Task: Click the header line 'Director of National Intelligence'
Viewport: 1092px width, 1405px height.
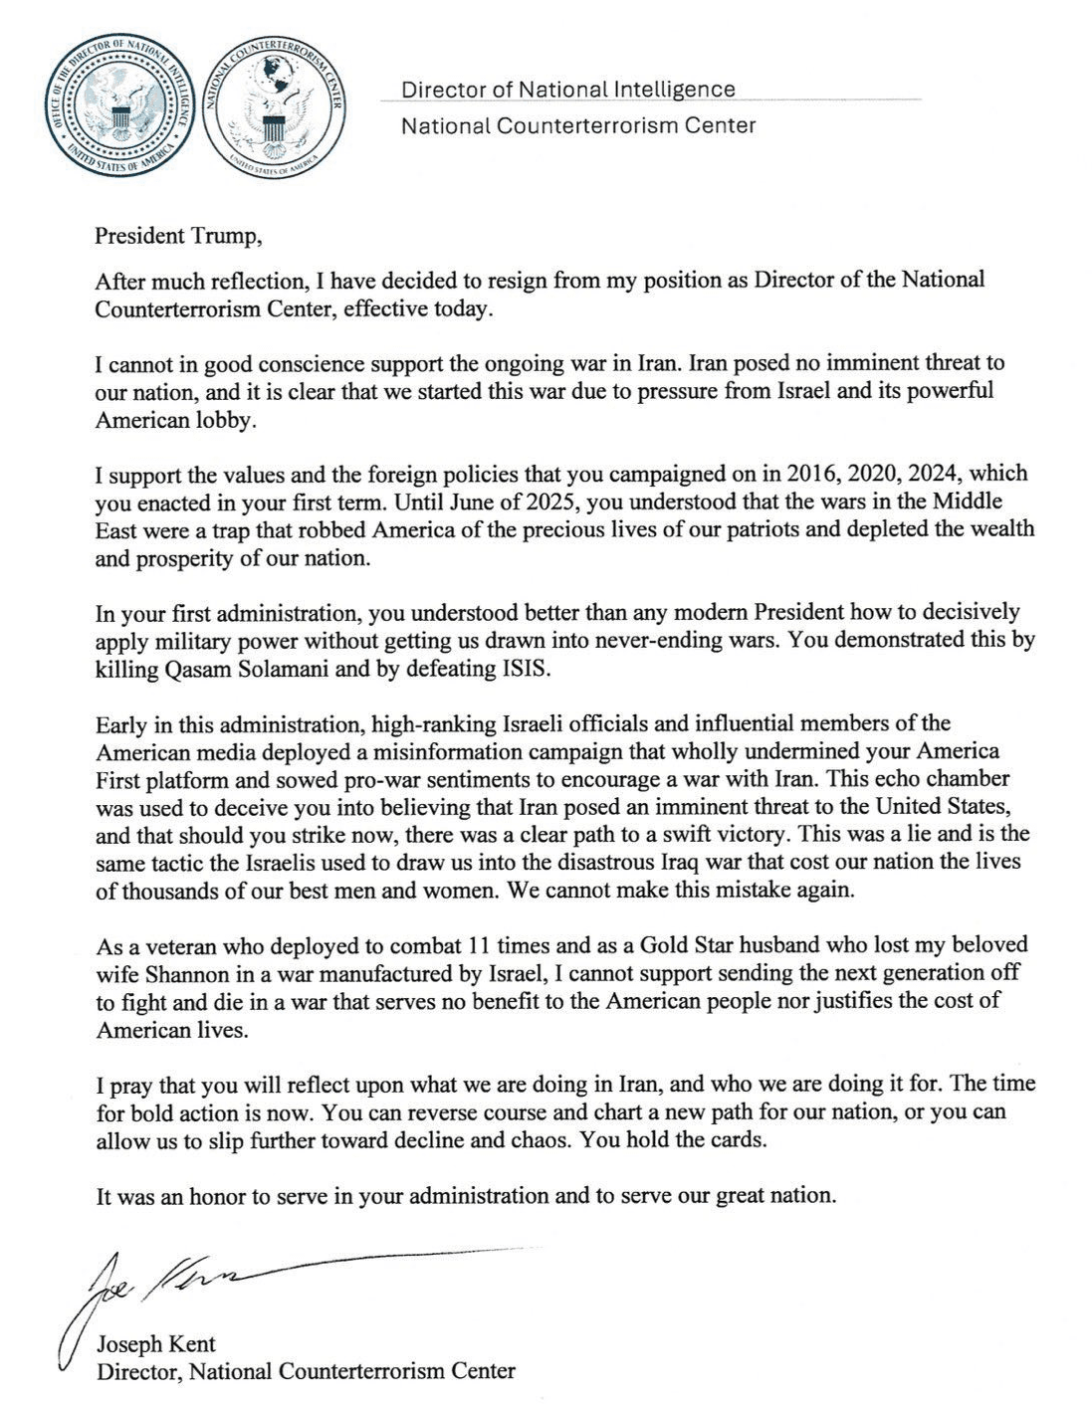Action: pos(567,90)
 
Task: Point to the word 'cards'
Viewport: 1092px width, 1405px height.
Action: pos(739,1140)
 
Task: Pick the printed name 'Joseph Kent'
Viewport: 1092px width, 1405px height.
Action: pos(156,1344)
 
